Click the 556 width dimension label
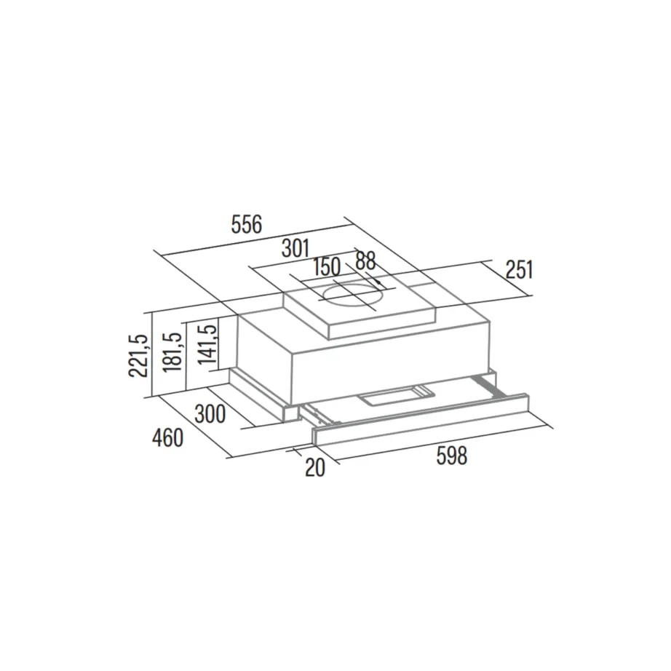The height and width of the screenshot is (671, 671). pyautogui.click(x=246, y=225)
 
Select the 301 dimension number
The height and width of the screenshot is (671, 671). pyautogui.click(x=295, y=248)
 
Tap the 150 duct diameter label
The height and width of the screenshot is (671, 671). pyautogui.click(x=327, y=267)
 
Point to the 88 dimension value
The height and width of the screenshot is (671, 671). pyautogui.click(x=365, y=261)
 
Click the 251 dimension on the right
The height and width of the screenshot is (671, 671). pyautogui.click(x=520, y=270)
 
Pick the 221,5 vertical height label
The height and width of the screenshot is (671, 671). pyautogui.click(x=138, y=355)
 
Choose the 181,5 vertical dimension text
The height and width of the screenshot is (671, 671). pyautogui.click(x=173, y=352)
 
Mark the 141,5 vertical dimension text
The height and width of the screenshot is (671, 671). pyautogui.click(x=208, y=344)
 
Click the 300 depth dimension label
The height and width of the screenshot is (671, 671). pyautogui.click(x=210, y=414)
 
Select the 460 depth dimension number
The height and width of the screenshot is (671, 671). pyautogui.click(x=168, y=438)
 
